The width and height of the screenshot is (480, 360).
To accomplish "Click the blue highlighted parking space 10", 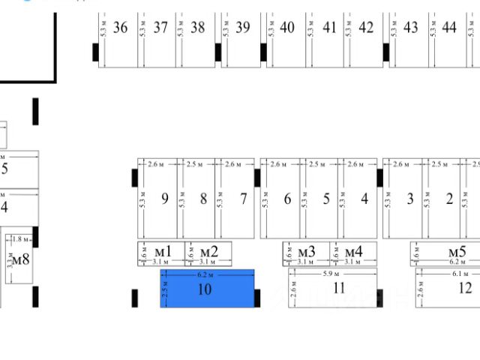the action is pos(208,289).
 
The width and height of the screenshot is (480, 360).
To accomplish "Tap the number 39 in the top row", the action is pos(242,28).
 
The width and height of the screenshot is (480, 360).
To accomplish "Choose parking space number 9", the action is pos(163,199).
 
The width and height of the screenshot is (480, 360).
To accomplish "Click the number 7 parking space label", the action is pos(244,199).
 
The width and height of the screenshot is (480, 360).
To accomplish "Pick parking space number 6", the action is pos(287,199).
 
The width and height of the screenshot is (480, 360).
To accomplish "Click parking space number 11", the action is pos(339,288).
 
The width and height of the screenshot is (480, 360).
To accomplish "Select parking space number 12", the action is pos(465,288).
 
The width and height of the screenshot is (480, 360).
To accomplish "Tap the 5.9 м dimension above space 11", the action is pos(333,274).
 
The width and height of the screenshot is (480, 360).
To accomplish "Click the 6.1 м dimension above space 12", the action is pos(460,274).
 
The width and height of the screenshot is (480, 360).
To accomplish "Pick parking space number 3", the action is pos(409,199).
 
